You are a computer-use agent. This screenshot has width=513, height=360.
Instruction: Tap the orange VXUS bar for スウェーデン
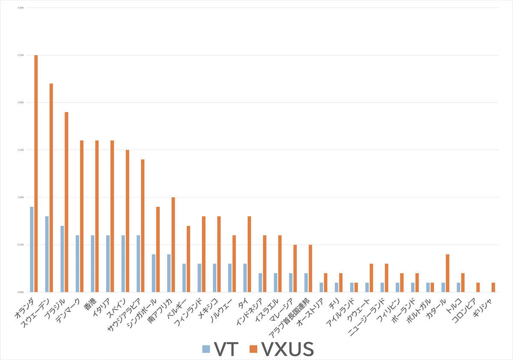click(x=51, y=188)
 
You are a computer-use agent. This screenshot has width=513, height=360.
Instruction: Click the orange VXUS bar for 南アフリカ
click(x=173, y=245)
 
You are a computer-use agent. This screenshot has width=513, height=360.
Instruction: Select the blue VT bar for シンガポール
click(x=153, y=273)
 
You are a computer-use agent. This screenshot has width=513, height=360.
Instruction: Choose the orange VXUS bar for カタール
click(x=448, y=273)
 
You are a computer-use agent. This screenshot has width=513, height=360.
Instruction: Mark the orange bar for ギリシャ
click(x=493, y=287)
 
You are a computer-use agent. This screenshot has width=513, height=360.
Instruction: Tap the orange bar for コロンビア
click(x=478, y=287)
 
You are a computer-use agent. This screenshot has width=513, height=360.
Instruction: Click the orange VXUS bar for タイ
click(x=249, y=254)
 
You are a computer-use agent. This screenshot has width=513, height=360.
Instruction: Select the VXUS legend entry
click(x=282, y=349)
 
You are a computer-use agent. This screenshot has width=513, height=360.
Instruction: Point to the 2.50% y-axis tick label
click(x=20, y=55)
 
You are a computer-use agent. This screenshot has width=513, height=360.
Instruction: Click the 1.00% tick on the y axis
click(x=20, y=198)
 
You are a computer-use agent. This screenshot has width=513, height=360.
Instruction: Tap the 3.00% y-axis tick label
click(x=20, y=8)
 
